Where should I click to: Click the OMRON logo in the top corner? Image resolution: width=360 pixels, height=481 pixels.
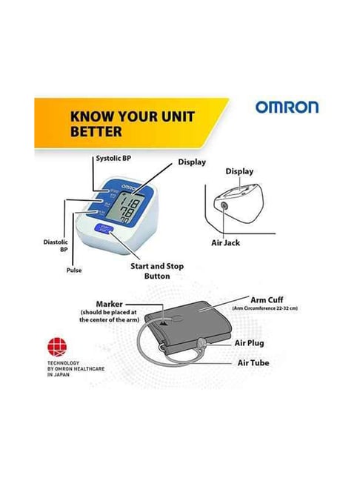pos(287,107)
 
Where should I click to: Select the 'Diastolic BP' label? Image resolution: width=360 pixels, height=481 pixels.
pos(56,246)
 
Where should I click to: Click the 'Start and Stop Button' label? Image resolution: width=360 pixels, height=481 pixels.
pos(157,271)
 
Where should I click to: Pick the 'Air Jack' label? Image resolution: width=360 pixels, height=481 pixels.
pos(241,242)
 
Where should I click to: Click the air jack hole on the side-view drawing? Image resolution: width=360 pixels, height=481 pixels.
pos(224,205)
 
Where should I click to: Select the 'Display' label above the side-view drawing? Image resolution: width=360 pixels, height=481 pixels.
pos(239,171)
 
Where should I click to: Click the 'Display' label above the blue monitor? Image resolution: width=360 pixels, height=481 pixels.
pos(190,161)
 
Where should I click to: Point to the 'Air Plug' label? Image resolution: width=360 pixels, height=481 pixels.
pos(250,343)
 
